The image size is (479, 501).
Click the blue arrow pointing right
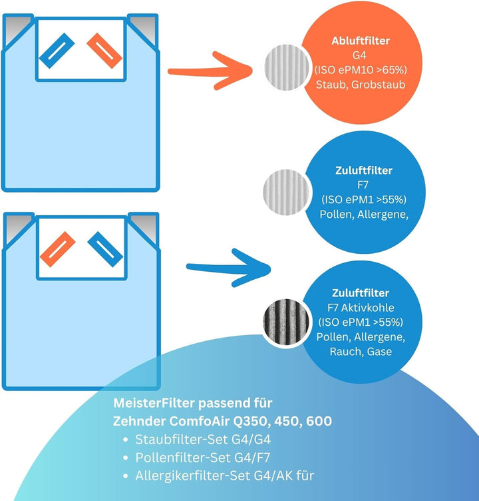[228, 268]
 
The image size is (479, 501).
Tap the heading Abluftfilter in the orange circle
[361, 41]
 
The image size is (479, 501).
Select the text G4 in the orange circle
[359, 55]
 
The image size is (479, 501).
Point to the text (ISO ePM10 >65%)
[361, 70]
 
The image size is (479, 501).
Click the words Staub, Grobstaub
[361, 85]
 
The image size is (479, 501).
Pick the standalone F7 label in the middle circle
[363, 185]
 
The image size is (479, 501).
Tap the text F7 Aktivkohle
[361, 307]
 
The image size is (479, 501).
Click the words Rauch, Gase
[361, 352]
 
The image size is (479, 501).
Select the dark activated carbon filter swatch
[286, 322]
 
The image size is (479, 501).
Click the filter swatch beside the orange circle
[287, 67]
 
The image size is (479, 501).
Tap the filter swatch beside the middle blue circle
[286, 192]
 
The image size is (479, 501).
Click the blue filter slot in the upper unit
[57, 51]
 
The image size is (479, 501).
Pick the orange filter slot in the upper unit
[104, 51]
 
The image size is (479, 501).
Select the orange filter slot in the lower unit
[58, 249]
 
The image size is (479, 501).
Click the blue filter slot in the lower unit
[105, 249]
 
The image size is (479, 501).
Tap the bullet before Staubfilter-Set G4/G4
[126, 440]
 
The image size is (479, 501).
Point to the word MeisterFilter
[154, 403]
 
